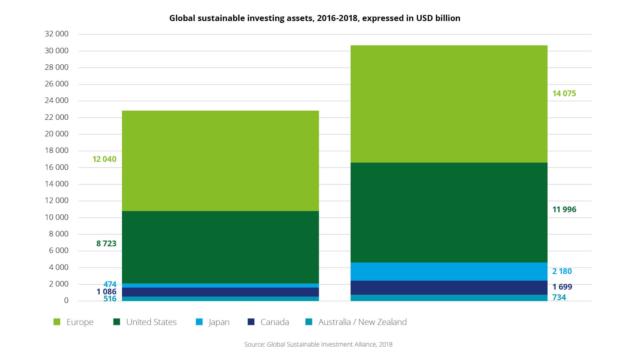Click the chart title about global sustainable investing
pyautogui.click(x=315, y=18)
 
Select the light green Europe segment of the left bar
pyautogui.click(x=220, y=161)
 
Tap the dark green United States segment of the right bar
pyautogui.click(x=449, y=212)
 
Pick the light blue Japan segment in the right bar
pyautogui.click(x=449, y=271)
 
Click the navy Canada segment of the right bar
pyautogui.click(x=449, y=288)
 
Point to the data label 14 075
pyautogui.click(x=564, y=94)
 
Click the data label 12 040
pyautogui.click(x=104, y=159)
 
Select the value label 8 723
pyautogui.click(x=106, y=244)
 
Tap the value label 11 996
pyautogui.click(x=564, y=210)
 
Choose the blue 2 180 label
pyautogui.click(x=562, y=271)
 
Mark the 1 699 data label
pyautogui.click(x=562, y=287)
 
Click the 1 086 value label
pyautogui.click(x=106, y=292)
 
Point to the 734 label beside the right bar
pyautogui.click(x=559, y=298)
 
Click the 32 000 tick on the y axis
pyautogui.click(x=56, y=34)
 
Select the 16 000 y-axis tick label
pyautogui.click(x=56, y=167)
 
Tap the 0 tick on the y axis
pyautogui.click(x=66, y=300)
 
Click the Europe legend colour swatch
pyautogui.click(x=57, y=322)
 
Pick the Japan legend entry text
pyautogui.click(x=219, y=322)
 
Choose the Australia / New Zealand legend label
pyautogui.click(x=362, y=322)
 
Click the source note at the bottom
pyautogui.click(x=318, y=344)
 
